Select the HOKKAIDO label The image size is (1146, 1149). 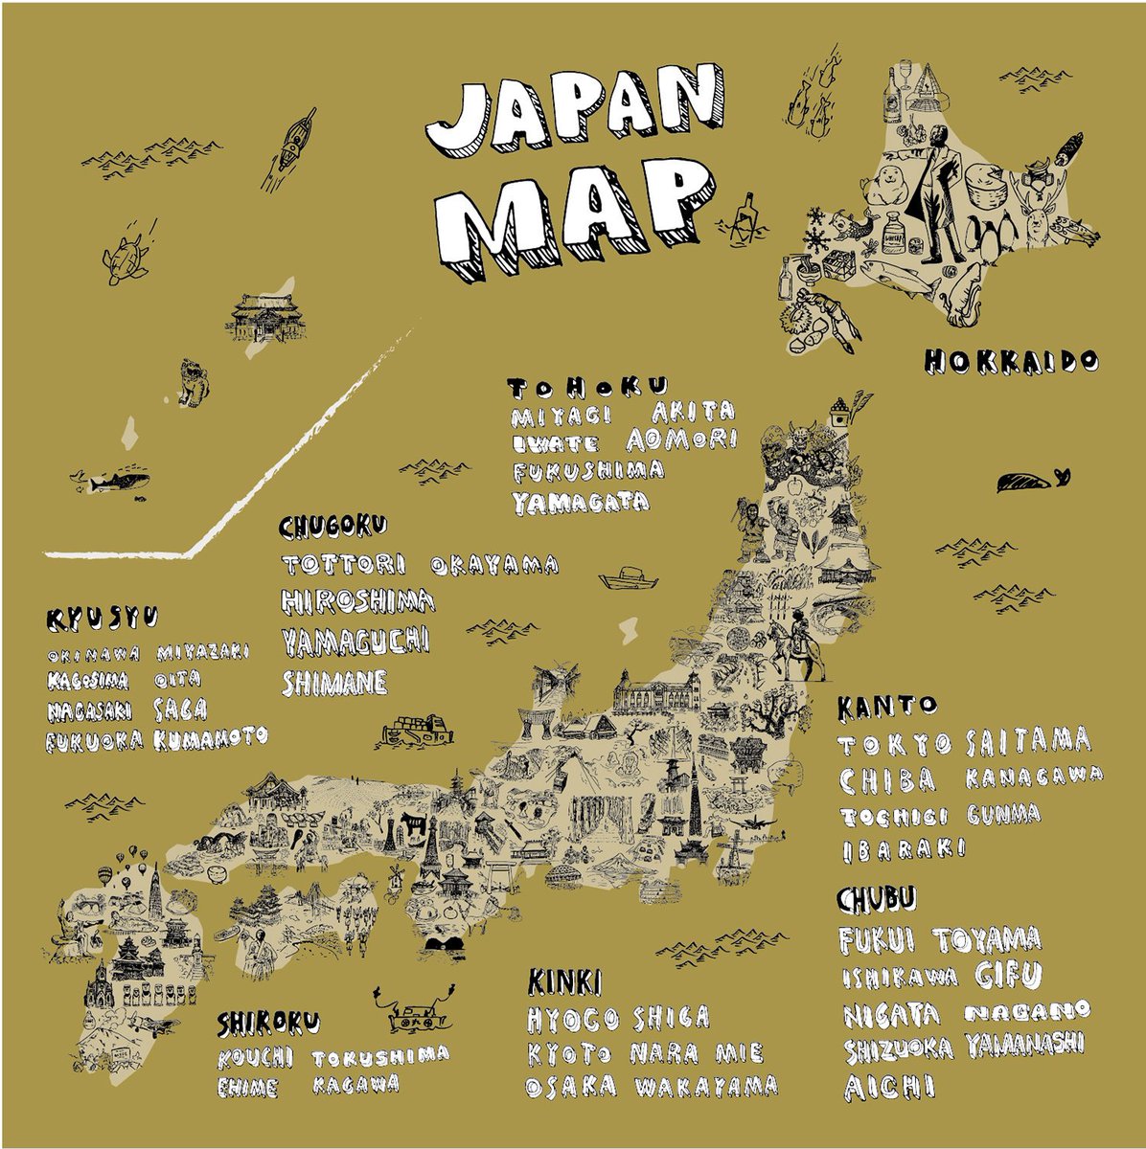1011,362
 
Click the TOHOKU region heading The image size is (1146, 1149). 586,388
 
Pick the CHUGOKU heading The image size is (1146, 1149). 333,526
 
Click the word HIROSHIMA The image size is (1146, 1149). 358,600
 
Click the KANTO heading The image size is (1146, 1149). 886,707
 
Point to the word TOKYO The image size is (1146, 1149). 895,744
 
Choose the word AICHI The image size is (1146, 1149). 888,1087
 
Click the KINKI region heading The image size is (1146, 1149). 564,981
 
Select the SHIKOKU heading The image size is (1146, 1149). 267,1024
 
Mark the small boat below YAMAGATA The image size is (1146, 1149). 629,577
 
